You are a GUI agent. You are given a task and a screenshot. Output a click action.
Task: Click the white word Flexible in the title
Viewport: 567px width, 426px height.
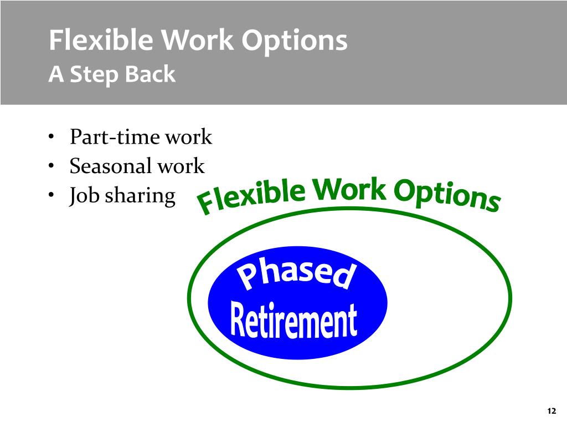tap(101, 39)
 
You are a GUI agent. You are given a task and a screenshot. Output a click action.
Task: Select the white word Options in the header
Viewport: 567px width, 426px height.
tap(295, 42)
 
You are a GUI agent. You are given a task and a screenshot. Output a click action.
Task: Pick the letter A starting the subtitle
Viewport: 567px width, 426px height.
tap(56, 74)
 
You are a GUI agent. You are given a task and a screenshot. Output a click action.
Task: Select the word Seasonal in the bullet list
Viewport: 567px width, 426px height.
tap(110, 166)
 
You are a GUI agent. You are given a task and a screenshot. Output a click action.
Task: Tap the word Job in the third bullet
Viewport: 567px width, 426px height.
tap(84, 196)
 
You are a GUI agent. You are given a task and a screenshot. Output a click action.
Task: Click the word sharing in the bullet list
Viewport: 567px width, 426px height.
tap(140, 196)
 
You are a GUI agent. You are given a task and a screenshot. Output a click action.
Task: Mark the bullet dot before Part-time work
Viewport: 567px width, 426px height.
tap(51, 137)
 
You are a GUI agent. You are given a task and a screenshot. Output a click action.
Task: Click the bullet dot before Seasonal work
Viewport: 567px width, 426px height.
tap(51, 166)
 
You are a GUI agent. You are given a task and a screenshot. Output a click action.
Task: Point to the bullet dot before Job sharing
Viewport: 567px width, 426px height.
tap(51, 196)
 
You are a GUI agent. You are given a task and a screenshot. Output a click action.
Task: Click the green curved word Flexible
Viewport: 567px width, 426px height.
tap(252, 196)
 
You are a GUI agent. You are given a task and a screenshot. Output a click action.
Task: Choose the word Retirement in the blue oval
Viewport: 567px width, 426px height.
tap(293, 320)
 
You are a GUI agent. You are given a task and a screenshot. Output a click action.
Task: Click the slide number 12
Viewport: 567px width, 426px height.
tap(551, 411)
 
